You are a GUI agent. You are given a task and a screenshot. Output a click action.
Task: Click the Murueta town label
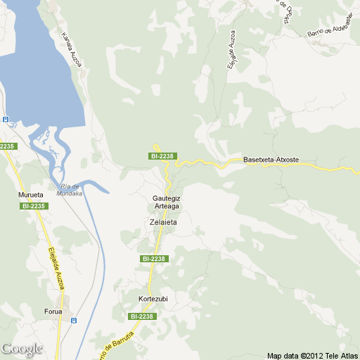click(30, 194)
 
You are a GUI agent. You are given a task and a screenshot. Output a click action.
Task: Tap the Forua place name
click(53, 311)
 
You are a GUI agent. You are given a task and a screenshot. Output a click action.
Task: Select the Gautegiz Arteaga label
click(167, 202)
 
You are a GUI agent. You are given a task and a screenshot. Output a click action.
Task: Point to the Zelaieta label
click(163, 222)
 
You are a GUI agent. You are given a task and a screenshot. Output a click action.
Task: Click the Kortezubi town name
click(153, 299)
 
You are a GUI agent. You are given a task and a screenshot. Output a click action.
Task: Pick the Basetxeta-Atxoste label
click(271, 160)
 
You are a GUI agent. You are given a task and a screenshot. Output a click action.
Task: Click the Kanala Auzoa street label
click(72, 50)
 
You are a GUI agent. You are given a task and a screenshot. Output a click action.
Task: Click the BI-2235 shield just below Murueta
click(34, 206)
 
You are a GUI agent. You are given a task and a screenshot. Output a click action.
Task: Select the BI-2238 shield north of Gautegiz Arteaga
click(162, 155)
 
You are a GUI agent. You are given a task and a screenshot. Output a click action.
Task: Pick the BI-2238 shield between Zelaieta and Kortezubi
click(153, 259)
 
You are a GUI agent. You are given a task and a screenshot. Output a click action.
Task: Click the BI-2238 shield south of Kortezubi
click(142, 316)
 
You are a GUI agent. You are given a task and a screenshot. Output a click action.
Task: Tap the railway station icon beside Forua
click(74, 321)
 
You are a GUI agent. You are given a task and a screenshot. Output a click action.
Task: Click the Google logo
click(21, 349)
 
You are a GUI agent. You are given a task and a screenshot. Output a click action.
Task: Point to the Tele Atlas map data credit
click(312, 355)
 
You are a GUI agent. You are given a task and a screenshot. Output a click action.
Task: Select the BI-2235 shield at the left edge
click(6, 146)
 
